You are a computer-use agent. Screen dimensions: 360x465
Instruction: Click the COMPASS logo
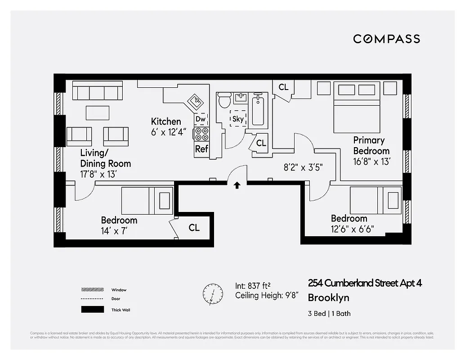tap(386, 39)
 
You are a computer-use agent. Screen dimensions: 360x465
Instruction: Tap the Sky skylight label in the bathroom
tap(238, 119)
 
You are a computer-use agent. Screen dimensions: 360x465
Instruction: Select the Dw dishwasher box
tap(201, 119)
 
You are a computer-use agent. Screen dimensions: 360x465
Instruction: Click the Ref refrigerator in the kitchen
tap(201, 149)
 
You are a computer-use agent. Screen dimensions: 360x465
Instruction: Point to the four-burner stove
tap(201, 134)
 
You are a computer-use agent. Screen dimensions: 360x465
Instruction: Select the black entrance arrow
tap(237, 185)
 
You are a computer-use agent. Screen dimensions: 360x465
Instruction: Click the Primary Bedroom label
tap(371, 145)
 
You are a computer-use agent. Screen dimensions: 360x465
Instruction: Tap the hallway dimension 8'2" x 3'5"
tap(303, 167)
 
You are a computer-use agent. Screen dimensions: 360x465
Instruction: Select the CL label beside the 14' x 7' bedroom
tap(194, 228)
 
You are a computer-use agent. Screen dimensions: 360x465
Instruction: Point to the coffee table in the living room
tap(98, 112)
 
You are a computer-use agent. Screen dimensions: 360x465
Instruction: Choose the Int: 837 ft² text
tap(253, 285)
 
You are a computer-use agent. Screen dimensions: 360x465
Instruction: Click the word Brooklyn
tap(328, 298)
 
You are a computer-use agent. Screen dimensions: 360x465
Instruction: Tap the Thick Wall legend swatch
tap(92, 310)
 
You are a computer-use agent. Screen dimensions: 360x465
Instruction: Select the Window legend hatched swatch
tap(92, 290)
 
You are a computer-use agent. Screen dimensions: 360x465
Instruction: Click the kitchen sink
tap(196, 102)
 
